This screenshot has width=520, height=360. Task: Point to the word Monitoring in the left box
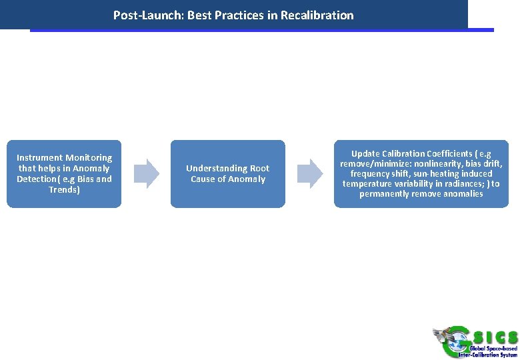(x=89, y=158)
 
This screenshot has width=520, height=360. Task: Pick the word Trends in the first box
(x=63, y=190)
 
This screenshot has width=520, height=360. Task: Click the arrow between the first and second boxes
(x=147, y=173)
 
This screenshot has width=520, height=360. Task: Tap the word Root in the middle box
(x=259, y=169)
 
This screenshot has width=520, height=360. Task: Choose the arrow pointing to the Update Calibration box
(x=309, y=173)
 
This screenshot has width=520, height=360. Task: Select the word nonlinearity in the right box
(x=438, y=164)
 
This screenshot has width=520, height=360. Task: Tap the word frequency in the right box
(x=371, y=174)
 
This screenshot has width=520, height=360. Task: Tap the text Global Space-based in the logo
(x=493, y=348)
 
